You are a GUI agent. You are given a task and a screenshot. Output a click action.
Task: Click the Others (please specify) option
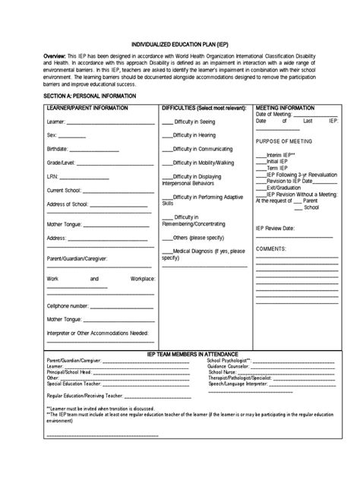(199, 237)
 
